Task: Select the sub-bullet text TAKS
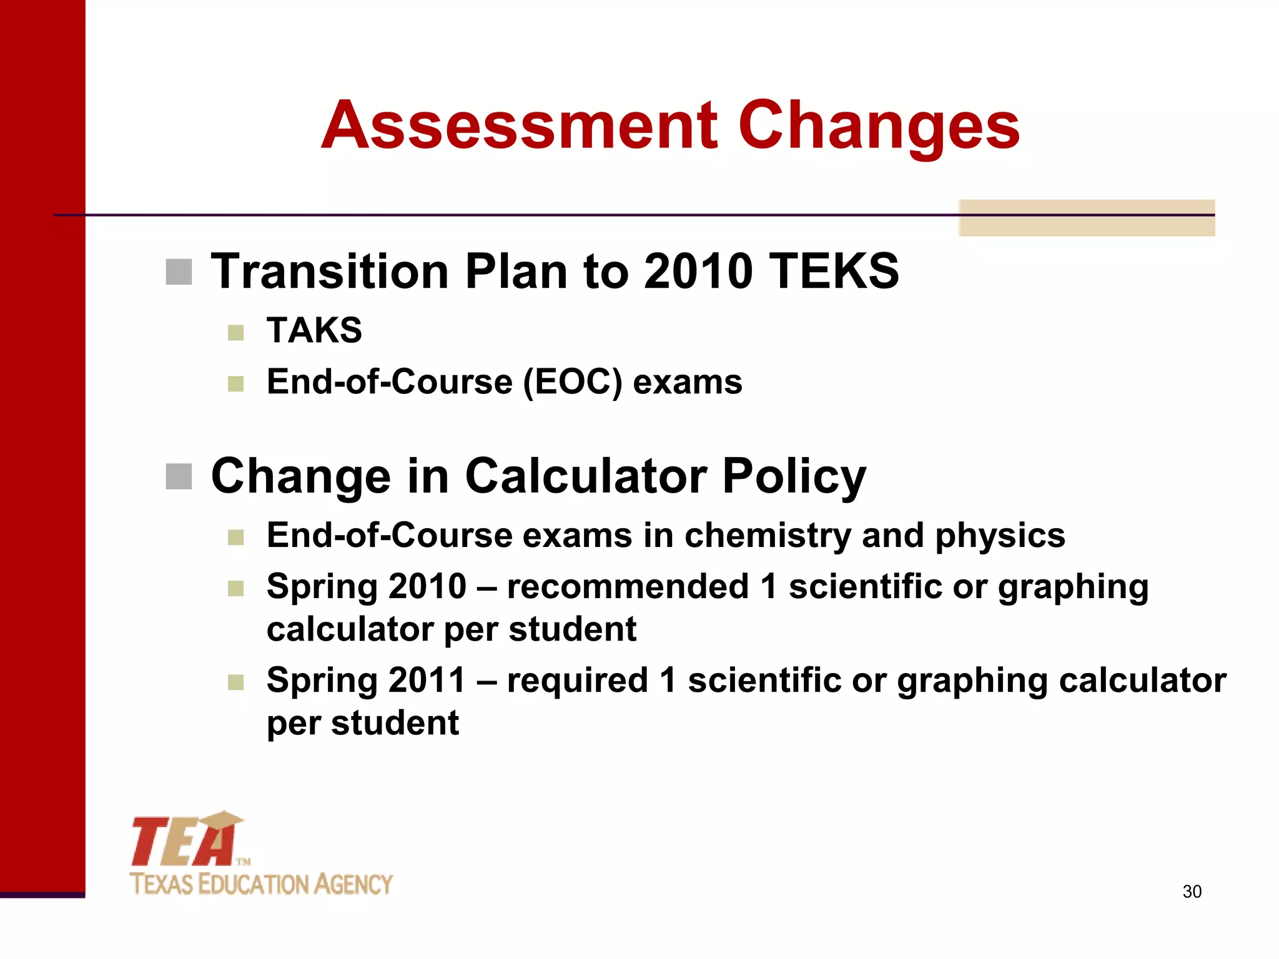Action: click(x=314, y=330)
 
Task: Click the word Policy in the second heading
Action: click(x=794, y=476)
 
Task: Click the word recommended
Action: click(x=628, y=587)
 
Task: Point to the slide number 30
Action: click(x=1192, y=892)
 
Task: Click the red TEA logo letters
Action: click(x=181, y=843)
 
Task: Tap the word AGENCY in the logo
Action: click(x=353, y=885)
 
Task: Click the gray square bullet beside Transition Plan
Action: click(x=179, y=272)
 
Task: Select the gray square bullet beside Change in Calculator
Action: click(x=179, y=477)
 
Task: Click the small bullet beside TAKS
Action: click(x=235, y=332)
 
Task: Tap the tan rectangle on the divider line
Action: click(x=1087, y=218)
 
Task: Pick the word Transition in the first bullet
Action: click(x=330, y=272)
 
